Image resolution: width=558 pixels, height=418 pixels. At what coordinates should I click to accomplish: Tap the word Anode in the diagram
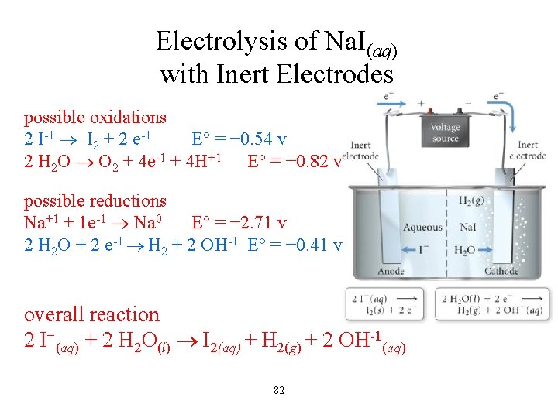click(391, 272)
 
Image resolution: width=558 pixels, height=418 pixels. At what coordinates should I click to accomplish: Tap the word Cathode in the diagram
click(501, 272)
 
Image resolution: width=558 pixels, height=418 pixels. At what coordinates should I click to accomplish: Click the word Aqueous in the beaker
click(422, 227)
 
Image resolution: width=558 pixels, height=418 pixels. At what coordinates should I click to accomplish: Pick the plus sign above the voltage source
click(422, 103)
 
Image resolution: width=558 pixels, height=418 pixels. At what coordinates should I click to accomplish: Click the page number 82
click(279, 390)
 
